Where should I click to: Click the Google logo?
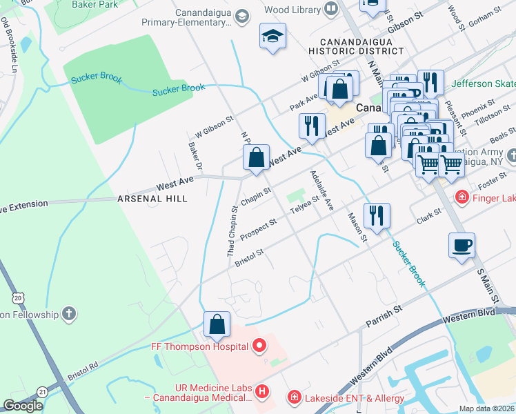pyautogui.click(x=23, y=406)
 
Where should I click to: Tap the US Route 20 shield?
pyautogui.click(x=19, y=297)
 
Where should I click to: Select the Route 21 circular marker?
pyautogui.click(x=42, y=391)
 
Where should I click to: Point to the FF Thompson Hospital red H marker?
pyautogui.click(x=260, y=344)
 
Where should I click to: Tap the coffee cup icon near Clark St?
pyautogui.click(x=462, y=246)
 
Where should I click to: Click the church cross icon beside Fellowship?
pyautogui.click(x=68, y=315)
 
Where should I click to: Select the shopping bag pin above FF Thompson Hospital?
pyautogui.click(x=217, y=324)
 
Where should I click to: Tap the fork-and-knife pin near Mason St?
pyautogui.click(x=377, y=215)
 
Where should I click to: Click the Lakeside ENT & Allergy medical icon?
pyautogui.click(x=293, y=397)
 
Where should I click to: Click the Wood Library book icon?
pyautogui.click(x=331, y=10)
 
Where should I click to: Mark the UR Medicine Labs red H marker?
pyautogui.click(x=261, y=392)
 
